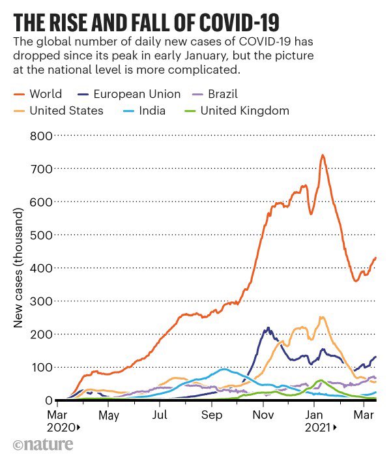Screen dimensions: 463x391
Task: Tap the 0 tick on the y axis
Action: [48, 400]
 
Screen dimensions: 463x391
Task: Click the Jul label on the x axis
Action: [160, 415]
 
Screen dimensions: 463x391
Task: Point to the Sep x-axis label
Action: [212, 415]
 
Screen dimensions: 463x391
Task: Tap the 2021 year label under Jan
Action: [317, 428]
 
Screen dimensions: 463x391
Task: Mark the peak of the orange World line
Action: [322, 155]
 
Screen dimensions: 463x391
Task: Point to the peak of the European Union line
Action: [268, 328]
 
